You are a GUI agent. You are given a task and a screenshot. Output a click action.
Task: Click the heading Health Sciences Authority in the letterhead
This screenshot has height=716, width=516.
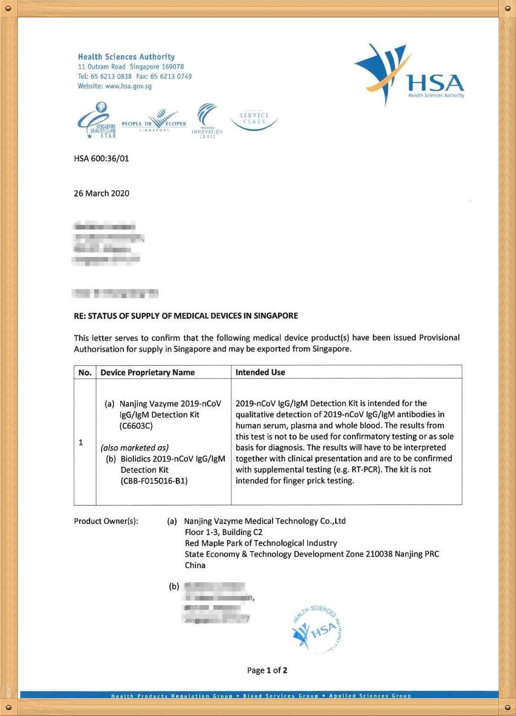pos(126,57)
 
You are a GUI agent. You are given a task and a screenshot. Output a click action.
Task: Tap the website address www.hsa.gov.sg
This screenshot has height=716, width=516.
pos(128,86)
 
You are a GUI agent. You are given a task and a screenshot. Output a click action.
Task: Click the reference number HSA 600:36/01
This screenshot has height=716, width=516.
pos(101,159)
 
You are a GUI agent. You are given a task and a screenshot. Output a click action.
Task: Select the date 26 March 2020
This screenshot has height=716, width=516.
pos(102,193)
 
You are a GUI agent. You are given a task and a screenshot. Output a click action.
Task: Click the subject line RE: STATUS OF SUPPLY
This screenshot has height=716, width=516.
pos(186,316)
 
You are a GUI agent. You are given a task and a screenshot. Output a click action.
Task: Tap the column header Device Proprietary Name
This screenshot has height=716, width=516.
pos(147,372)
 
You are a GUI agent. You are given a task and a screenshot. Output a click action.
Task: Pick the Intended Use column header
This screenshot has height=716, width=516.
pos(260,372)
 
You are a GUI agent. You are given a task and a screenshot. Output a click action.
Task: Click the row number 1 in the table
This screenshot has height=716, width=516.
pos(81,443)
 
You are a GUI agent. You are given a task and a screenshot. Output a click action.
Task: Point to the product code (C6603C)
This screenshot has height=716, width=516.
pos(136,426)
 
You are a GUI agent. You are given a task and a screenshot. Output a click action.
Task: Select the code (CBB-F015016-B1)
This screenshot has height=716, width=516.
pos(154,481)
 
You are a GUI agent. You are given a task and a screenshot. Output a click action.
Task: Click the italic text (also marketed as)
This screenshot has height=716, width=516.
pos(135,448)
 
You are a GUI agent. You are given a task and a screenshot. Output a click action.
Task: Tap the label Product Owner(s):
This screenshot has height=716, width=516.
pos(106,521)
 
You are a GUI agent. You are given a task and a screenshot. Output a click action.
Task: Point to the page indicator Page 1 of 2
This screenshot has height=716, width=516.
pos(267,671)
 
